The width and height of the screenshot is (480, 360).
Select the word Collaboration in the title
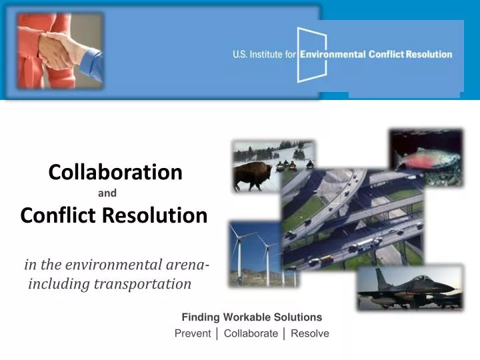[115, 172]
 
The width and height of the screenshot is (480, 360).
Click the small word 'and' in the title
[107, 194]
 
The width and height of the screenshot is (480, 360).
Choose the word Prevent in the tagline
[193, 333]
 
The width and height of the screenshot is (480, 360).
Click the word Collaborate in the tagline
[251, 333]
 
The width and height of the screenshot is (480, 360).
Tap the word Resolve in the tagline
[310, 333]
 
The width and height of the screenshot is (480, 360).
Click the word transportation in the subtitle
[142, 284]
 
